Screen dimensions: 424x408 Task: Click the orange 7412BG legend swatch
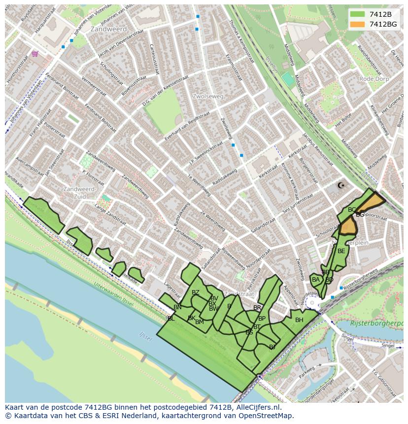click(x=358, y=24)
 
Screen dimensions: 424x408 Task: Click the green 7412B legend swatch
click(x=358, y=14)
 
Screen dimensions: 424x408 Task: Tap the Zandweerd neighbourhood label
click(x=108, y=30)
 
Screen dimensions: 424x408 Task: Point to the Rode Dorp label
click(x=374, y=79)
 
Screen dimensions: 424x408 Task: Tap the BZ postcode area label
click(x=196, y=293)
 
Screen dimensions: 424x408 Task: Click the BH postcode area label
click(x=299, y=320)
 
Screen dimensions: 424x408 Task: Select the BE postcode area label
click(x=341, y=251)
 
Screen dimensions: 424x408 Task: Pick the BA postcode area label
click(x=316, y=280)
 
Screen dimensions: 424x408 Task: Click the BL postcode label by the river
click(x=171, y=319)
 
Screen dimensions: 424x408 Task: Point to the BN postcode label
click(x=177, y=307)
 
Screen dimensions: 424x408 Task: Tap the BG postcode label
click(x=360, y=215)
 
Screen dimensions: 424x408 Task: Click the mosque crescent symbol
click(x=340, y=186)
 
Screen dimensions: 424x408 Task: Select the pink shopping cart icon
click(x=34, y=54)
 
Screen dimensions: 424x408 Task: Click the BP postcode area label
click(x=262, y=319)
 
